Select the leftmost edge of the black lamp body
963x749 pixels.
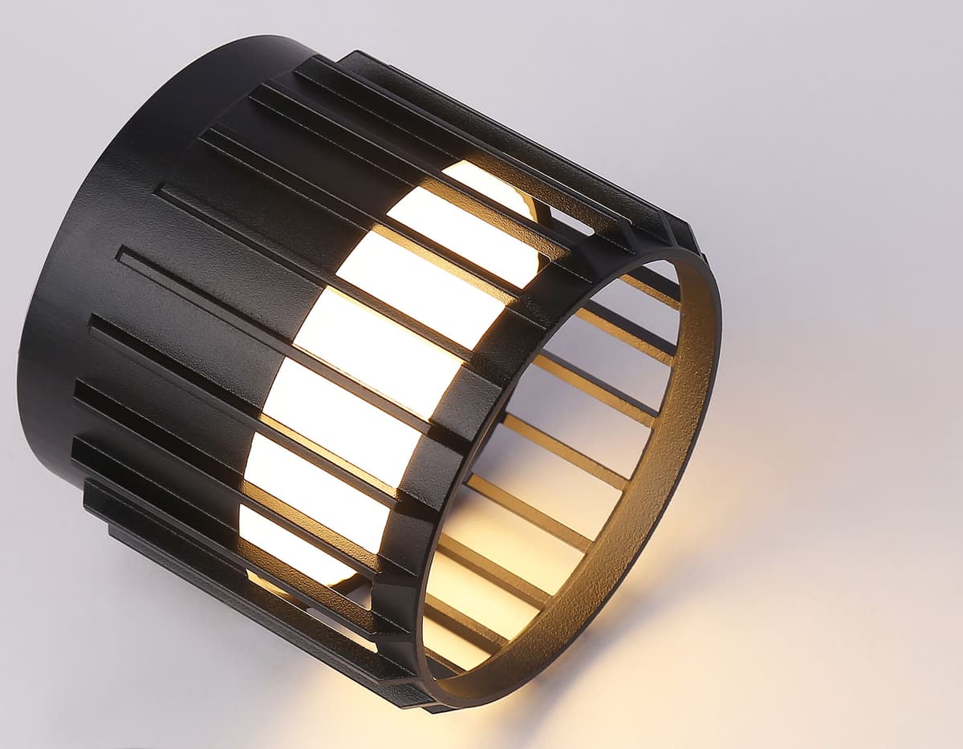(19, 361)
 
